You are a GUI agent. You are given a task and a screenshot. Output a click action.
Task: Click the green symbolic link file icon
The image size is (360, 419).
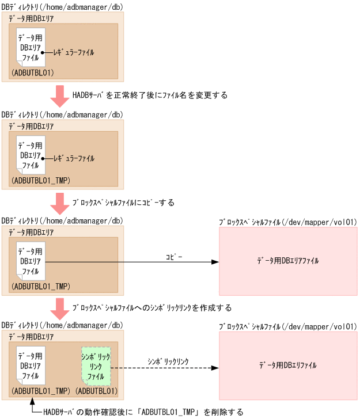point(96,366)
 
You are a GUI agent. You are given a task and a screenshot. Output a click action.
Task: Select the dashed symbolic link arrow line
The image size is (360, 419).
point(161,368)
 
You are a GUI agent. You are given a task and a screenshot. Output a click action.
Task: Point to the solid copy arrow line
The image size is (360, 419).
point(132,262)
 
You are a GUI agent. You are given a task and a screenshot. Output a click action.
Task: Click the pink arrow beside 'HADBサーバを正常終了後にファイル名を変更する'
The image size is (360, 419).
point(59,96)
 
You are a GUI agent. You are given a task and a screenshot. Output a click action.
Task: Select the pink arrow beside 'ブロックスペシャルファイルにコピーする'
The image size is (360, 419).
point(59,203)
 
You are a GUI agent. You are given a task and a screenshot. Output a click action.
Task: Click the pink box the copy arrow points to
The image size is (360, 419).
point(288,261)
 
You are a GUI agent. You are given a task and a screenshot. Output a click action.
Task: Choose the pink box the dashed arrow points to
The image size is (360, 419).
point(288,365)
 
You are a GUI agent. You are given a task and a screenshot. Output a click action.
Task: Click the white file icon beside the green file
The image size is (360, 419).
point(31,366)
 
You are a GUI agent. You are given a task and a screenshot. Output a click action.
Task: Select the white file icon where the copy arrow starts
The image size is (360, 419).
point(31,261)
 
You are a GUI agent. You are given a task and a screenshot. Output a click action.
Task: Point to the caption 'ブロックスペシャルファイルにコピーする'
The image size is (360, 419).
point(123,203)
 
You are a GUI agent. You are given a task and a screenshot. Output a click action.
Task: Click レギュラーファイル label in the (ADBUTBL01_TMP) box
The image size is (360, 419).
point(73,158)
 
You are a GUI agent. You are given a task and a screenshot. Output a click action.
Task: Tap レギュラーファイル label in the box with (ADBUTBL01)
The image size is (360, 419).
point(73,52)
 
